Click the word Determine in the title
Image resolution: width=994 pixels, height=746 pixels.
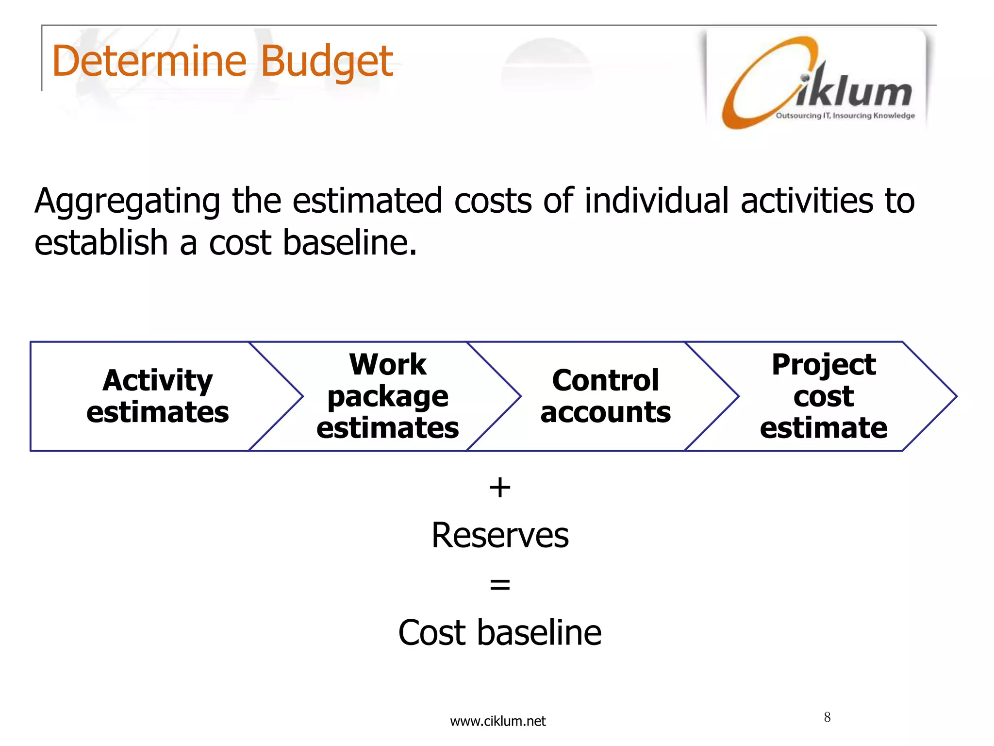[x=149, y=62]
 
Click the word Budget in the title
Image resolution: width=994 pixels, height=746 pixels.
[x=326, y=62]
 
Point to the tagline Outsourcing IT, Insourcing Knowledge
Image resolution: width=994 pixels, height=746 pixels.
[x=845, y=116]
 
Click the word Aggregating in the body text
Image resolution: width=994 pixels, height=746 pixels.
[x=127, y=202]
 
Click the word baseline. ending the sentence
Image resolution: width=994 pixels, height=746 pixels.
[x=349, y=242]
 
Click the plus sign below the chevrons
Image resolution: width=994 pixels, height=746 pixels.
[x=500, y=487]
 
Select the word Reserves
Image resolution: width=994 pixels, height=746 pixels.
[x=500, y=535]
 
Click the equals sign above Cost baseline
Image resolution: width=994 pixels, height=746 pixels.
[x=500, y=584]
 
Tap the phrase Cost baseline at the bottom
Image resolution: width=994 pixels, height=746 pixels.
[x=500, y=633]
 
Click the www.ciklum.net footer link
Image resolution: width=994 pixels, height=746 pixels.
[x=497, y=721]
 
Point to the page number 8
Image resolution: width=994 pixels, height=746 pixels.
[x=827, y=717]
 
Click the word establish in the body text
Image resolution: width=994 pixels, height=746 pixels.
[x=101, y=242]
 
